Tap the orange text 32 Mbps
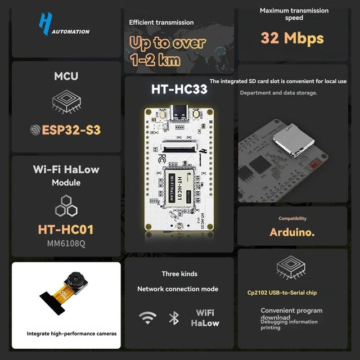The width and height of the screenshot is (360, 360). coord(292,38)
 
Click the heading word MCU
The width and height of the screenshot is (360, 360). coord(66,76)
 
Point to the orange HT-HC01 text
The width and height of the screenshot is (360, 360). coord(66,229)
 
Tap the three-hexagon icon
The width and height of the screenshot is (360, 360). coord(66,205)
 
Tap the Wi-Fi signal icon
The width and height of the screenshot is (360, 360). coord(148,317)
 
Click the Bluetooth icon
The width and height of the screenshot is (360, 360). coord(174,318)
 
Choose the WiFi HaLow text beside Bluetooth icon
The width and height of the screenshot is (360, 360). coord(205,318)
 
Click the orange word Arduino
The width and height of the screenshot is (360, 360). coord(292,232)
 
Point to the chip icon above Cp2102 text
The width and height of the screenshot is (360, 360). coord(292,268)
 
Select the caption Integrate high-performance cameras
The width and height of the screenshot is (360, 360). coord(72,334)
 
